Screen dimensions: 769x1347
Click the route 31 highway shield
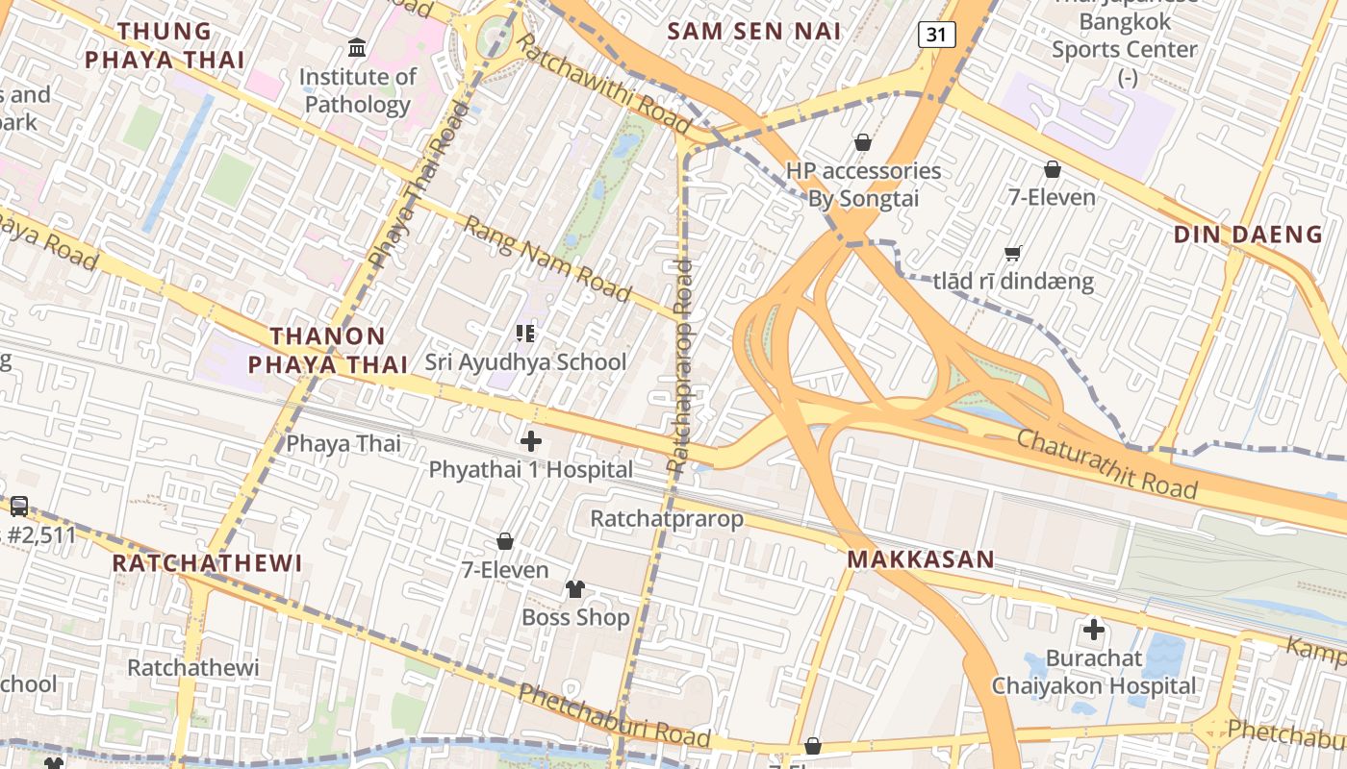click(x=936, y=35)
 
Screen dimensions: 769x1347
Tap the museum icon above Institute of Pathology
click(x=357, y=47)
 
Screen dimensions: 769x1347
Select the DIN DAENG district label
click(x=1248, y=235)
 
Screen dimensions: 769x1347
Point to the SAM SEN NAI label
click(x=754, y=31)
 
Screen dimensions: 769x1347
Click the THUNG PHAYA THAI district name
click(x=165, y=45)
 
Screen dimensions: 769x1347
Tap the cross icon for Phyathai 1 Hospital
click(x=530, y=441)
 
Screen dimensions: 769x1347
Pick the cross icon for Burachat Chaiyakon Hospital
click(x=1093, y=631)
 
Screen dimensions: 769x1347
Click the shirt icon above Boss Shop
click(x=574, y=588)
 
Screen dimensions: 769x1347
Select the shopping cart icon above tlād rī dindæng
click(x=1012, y=254)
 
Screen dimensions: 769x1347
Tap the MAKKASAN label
click(x=921, y=559)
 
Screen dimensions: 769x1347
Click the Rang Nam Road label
click(x=546, y=258)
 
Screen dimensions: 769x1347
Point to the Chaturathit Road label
click(x=1106, y=464)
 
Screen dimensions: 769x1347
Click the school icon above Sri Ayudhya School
click(x=525, y=334)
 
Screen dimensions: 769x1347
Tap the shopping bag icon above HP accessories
click(x=863, y=142)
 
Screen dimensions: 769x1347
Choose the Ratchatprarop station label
click(x=666, y=519)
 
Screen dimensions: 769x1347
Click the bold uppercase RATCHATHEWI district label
click(x=207, y=563)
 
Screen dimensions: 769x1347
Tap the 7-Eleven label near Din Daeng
click(x=1052, y=198)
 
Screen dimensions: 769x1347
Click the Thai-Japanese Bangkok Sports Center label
click(x=1124, y=35)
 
